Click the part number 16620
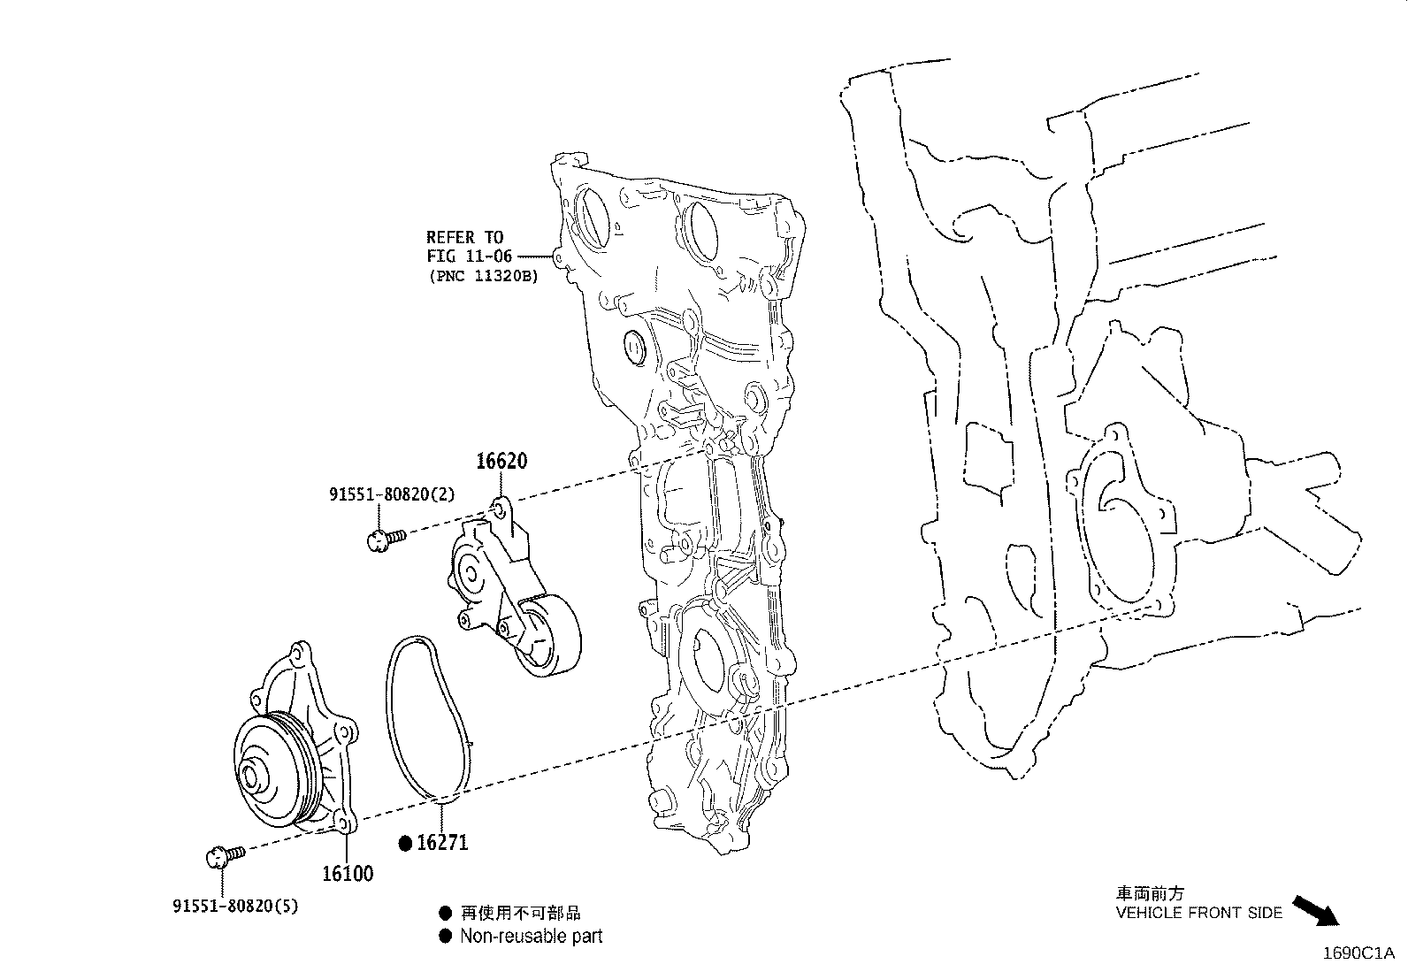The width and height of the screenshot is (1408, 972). (x=501, y=461)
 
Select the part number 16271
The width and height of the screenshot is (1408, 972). (x=442, y=843)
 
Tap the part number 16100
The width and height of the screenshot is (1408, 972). (x=348, y=873)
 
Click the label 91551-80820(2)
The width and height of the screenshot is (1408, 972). (x=392, y=494)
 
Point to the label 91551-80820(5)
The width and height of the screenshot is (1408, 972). (x=236, y=906)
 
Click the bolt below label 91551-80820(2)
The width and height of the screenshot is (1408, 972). (x=386, y=540)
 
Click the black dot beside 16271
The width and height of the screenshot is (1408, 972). (x=405, y=843)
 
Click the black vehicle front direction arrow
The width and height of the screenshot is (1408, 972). (x=1316, y=911)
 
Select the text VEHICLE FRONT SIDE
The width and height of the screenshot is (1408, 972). (x=1198, y=913)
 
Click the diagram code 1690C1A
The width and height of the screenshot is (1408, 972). (x=1358, y=953)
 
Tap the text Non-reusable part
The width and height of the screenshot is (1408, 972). (x=532, y=936)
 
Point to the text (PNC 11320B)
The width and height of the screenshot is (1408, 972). (x=484, y=276)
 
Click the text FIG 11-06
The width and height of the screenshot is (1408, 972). (x=469, y=256)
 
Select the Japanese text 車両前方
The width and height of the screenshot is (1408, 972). (x=1150, y=892)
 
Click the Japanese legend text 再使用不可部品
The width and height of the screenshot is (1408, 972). (x=520, y=913)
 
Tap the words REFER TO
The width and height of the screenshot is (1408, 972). (x=464, y=238)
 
